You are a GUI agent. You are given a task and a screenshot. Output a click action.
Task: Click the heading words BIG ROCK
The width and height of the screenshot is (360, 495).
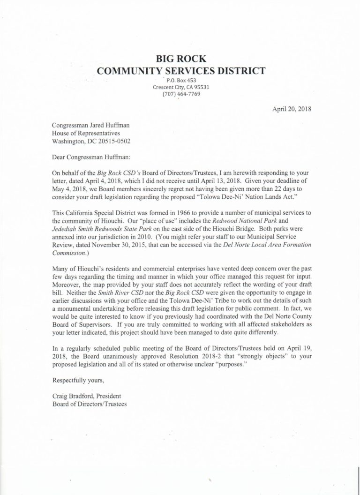(180, 59)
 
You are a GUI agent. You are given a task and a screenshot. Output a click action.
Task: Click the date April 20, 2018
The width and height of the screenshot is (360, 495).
(292, 109)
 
